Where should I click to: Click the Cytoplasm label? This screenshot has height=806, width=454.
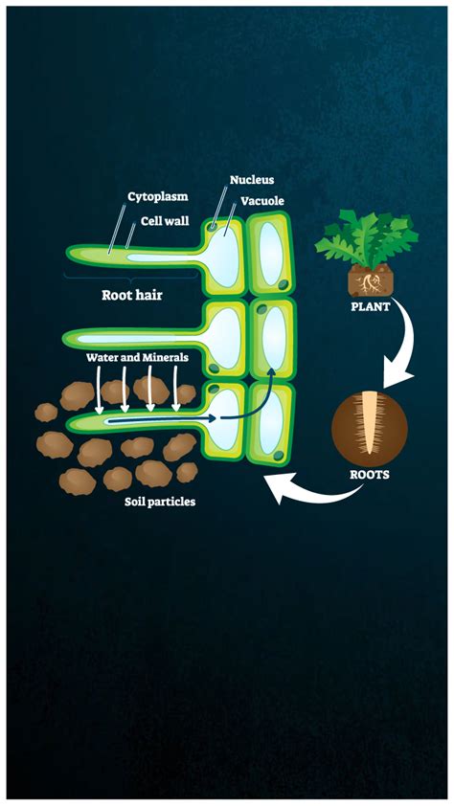pyautogui.click(x=158, y=197)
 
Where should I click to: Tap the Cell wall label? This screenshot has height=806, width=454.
pyautogui.click(x=165, y=221)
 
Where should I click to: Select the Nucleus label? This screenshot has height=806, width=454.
pyautogui.click(x=251, y=180)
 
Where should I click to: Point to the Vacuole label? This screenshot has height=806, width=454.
pyautogui.click(x=262, y=200)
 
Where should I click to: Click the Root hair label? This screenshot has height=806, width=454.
pyautogui.click(x=132, y=295)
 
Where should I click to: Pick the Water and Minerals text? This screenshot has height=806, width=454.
pyautogui.click(x=137, y=357)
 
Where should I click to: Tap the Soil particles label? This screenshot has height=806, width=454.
pyautogui.click(x=160, y=502)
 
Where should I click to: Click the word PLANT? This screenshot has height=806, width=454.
pyautogui.click(x=371, y=307)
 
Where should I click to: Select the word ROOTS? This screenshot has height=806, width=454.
pyautogui.click(x=369, y=475)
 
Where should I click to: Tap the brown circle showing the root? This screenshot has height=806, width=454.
pyautogui.click(x=369, y=428)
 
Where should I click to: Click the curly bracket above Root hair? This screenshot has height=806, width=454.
pyautogui.click(x=131, y=279)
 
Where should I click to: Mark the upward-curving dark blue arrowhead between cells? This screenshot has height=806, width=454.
pyautogui.click(x=271, y=358)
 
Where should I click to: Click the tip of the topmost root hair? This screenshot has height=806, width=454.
pyautogui.click(x=67, y=252)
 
